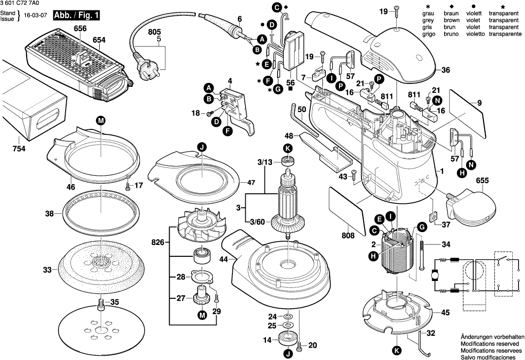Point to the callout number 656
(80, 30)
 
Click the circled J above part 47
(201, 147)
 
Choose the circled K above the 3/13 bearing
(288, 148)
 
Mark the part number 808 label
(348, 236)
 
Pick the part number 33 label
(47, 270)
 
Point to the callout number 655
(482, 181)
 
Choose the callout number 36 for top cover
(446, 71)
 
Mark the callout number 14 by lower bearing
(267, 340)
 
